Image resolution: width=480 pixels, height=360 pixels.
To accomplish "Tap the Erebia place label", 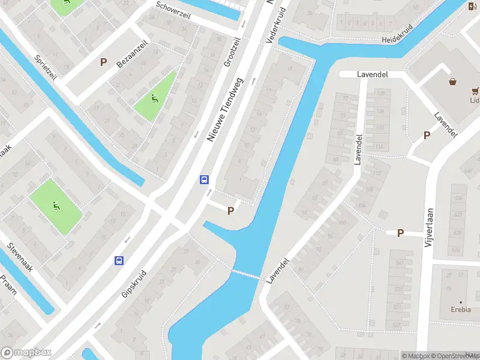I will click(x=461, y=311).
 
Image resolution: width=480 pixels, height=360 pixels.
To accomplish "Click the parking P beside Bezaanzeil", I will click(x=103, y=61).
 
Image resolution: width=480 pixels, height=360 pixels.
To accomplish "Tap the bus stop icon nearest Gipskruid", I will click(x=119, y=260).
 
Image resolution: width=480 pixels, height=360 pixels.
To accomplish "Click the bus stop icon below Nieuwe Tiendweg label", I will click(x=204, y=179).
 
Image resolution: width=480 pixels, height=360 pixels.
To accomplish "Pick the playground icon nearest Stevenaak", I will click(x=55, y=206).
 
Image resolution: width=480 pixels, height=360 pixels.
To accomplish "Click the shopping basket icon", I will click(x=452, y=82).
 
